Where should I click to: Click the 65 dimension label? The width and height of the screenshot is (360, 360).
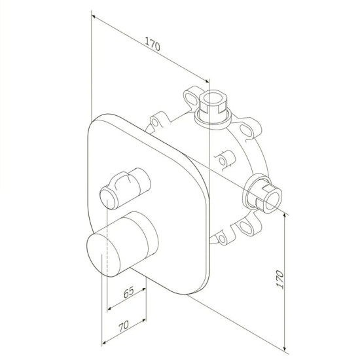[x=128, y=292]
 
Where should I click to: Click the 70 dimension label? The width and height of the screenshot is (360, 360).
[x=124, y=326]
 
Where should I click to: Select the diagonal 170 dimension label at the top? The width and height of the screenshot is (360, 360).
[x=153, y=44]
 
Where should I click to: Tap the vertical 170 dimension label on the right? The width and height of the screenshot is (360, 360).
[x=279, y=279]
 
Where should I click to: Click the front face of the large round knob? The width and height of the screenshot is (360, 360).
[x=103, y=255]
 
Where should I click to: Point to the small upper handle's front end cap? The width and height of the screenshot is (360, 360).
[x=108, y=198]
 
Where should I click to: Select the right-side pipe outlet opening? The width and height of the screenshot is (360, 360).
[x=273, y=198]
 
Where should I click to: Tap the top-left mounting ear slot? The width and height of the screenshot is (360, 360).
[x=190, y=98]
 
